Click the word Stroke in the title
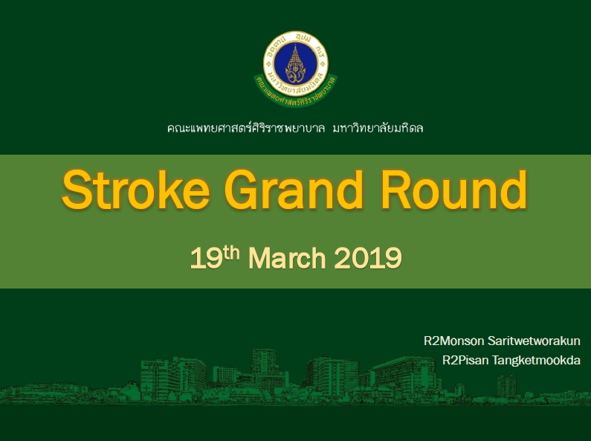tap(136, 189)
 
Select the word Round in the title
tap(453, 189)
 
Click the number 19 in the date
tap(206, 259)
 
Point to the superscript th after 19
tap(231, 252)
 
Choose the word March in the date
tap(287, 258)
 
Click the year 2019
tap(368, 259)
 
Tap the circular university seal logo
tap(296, 63)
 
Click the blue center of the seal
tap(296, 63)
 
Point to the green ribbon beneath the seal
tap(296, 91)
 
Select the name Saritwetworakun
tap(534, 341)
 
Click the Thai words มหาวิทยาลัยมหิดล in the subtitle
tap(378, 128)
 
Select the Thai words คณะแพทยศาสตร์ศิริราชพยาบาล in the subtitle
tap(246, 128)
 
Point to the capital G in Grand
tap(242, 190)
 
